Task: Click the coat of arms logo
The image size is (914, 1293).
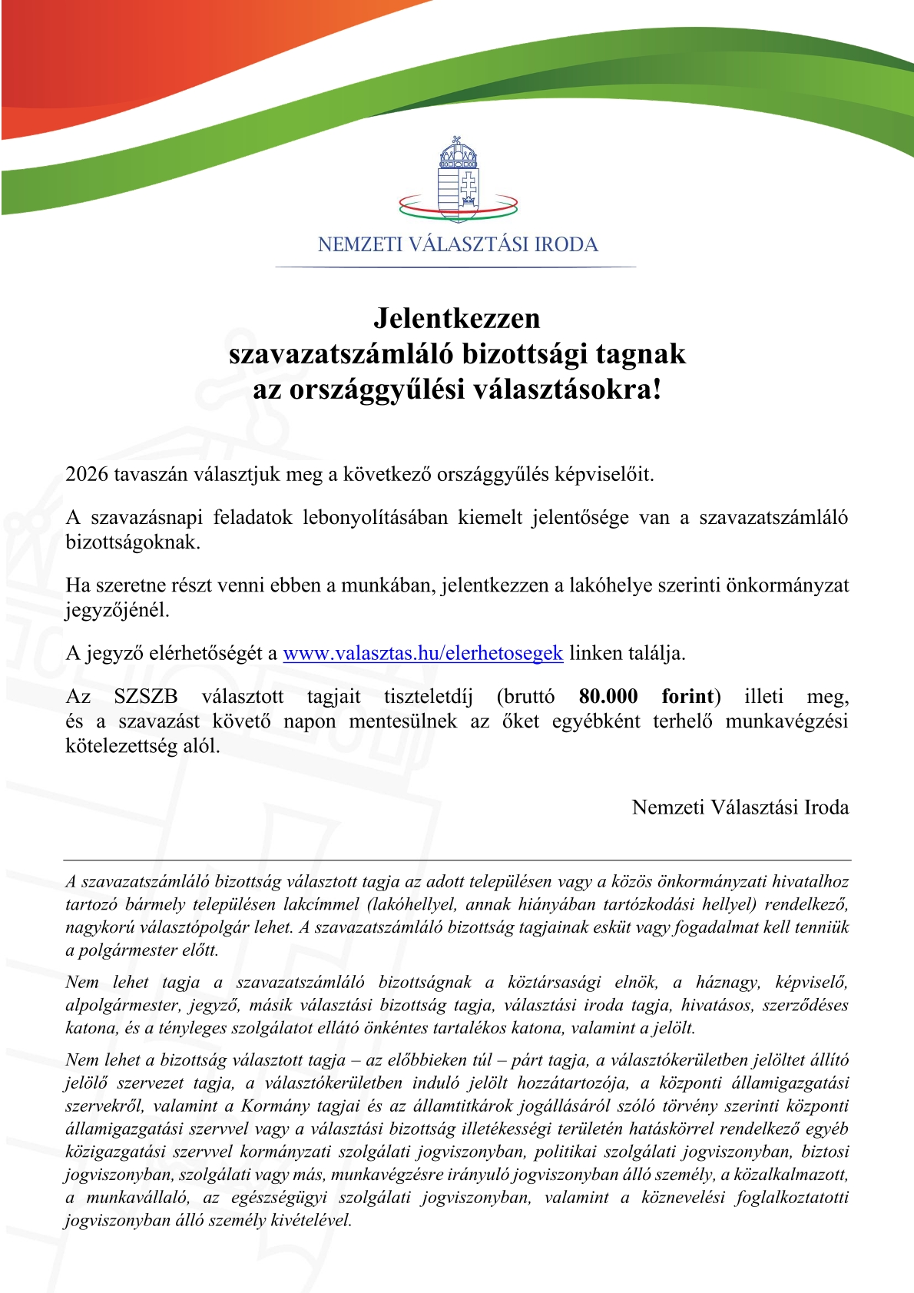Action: (x=458, y=181)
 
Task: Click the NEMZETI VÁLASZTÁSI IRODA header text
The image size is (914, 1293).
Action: (x=458, y=244)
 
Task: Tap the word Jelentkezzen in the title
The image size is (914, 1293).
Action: (x=457, y=318)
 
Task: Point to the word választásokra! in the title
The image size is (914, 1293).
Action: (x=567, y=390)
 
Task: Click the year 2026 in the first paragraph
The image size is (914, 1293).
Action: (x=87, y=474)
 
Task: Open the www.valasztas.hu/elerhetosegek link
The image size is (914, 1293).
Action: (x=423, y=653)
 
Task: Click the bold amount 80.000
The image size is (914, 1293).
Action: (x=608, y=696)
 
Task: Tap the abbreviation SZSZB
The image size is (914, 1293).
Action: (x=146, y=696)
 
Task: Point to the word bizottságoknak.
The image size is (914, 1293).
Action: (x=133, y=542)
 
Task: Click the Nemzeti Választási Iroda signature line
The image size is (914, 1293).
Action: (x=740, y=807)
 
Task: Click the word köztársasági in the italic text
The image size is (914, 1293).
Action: (x=554, y=982)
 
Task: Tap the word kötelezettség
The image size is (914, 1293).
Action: (x=125, y=746)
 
